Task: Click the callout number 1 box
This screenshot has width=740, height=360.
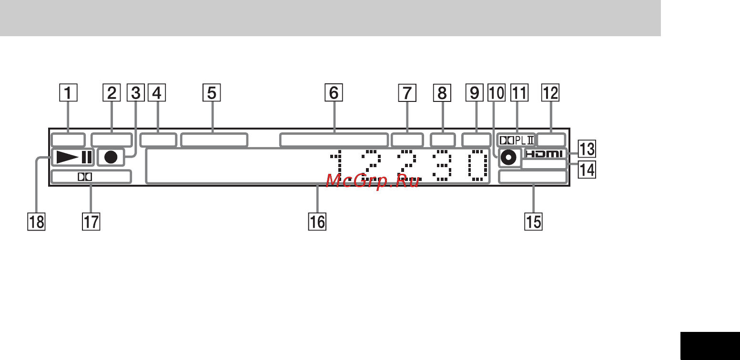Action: [68, 92]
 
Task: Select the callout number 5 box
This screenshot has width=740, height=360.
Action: [212, 92]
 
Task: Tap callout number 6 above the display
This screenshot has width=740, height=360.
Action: [334, 92]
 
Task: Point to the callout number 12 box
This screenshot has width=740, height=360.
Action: [550, 92]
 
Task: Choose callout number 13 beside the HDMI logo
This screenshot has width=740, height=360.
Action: [587, 149]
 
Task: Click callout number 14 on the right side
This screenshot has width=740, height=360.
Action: [587, 170]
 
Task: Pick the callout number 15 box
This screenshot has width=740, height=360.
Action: [534, 221]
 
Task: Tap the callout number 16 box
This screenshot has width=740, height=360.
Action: [317, 221]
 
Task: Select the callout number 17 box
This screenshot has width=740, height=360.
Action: [91, 221]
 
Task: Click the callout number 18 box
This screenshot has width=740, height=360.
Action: [36, 221]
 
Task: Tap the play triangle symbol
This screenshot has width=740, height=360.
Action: [68, 157]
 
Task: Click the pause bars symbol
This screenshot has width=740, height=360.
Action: [87, 157]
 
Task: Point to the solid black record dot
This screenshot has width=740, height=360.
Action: [111, 158]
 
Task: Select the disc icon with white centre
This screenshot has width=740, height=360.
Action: [508, 158]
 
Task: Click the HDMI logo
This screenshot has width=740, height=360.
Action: [544, 154]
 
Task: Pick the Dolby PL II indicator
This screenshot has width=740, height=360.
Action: [517, 140]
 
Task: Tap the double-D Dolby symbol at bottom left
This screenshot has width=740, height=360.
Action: [84, 177]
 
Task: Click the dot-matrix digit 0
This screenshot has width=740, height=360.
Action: [478, 165]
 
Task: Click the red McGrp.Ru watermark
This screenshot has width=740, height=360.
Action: [373, 181]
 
